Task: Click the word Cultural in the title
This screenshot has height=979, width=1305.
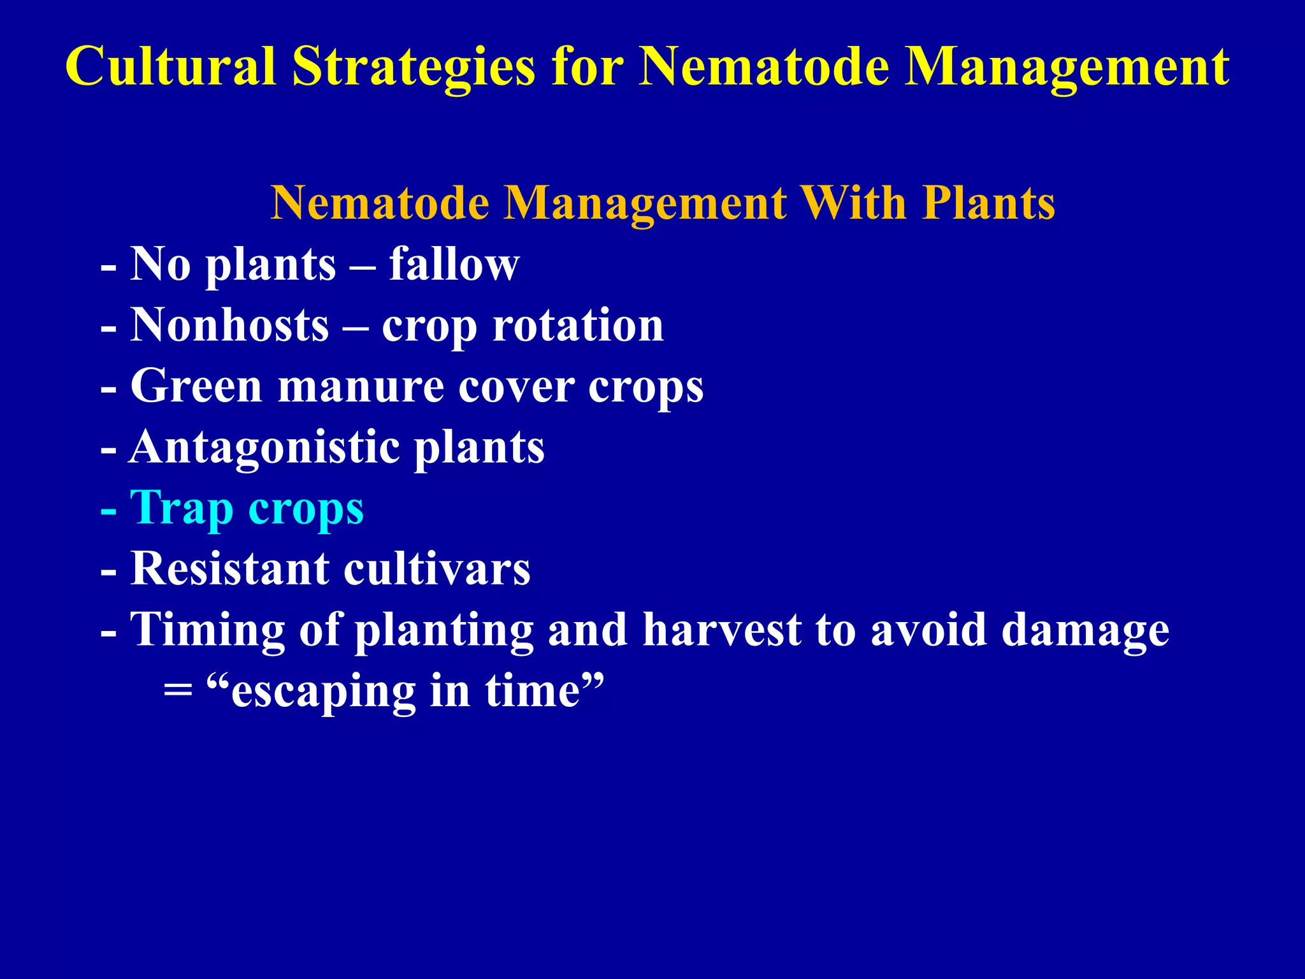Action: tap(170, 66)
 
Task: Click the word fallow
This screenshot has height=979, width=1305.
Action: tap(454, 264)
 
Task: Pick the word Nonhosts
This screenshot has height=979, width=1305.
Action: tap(229, 325)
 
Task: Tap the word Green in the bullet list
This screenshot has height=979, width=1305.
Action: tap(196, 386)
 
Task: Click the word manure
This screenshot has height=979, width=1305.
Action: tap(361, 387)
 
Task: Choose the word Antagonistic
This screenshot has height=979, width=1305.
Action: tap(264, 448)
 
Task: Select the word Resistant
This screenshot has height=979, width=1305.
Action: tap(229, 568)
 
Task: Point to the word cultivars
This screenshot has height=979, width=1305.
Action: tap(436, 568)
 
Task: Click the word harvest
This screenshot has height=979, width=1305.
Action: tap(721, 630)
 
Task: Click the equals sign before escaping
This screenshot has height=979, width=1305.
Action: tap(178, 692)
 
